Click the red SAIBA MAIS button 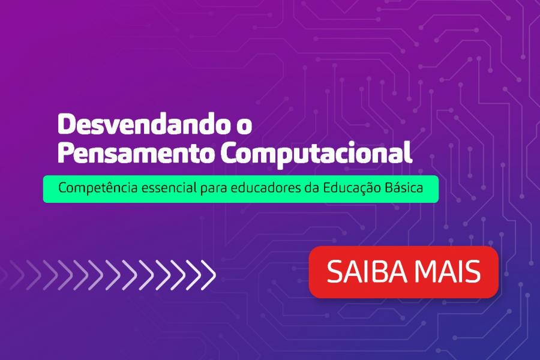pos(404,272)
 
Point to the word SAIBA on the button pos(367,271)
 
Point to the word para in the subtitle pos(214,190)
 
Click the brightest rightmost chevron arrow pos(208,275)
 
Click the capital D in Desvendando pos(65,124)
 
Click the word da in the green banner pos(311,188)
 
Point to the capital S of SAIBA pos(334,271)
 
